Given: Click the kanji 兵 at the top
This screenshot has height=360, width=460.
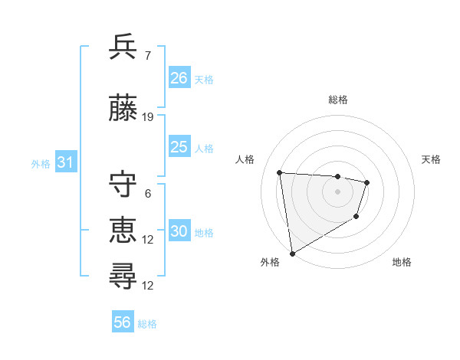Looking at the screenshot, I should pos(123,47).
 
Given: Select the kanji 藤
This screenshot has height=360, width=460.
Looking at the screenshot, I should pos(123,108).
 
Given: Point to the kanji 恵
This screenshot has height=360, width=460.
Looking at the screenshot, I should pos(123,229).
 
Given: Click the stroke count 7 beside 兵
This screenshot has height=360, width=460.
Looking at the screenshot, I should pos(148,56).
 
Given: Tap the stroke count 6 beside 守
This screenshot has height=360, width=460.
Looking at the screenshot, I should pos(148,194).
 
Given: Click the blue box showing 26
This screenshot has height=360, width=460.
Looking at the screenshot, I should pos(179,78).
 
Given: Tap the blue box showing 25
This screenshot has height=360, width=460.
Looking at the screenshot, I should pos(179,147).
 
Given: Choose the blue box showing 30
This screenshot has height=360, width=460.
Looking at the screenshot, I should pos(179,231).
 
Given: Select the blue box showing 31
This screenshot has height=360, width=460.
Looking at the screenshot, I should pos(65,162).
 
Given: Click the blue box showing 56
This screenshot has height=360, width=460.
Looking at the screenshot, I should pos(123,322).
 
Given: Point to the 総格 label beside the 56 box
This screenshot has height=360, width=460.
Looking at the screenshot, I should pos(148,324).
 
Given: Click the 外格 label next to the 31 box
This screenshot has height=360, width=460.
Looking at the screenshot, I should pos(41,164).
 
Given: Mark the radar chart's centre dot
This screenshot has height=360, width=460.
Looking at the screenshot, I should pos(337,191).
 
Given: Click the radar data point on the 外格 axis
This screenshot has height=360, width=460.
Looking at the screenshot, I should pos(292,253).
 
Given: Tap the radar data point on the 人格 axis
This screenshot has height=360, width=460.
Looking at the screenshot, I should pos(280,172).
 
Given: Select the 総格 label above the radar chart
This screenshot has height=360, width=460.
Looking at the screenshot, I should pos(337,100).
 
